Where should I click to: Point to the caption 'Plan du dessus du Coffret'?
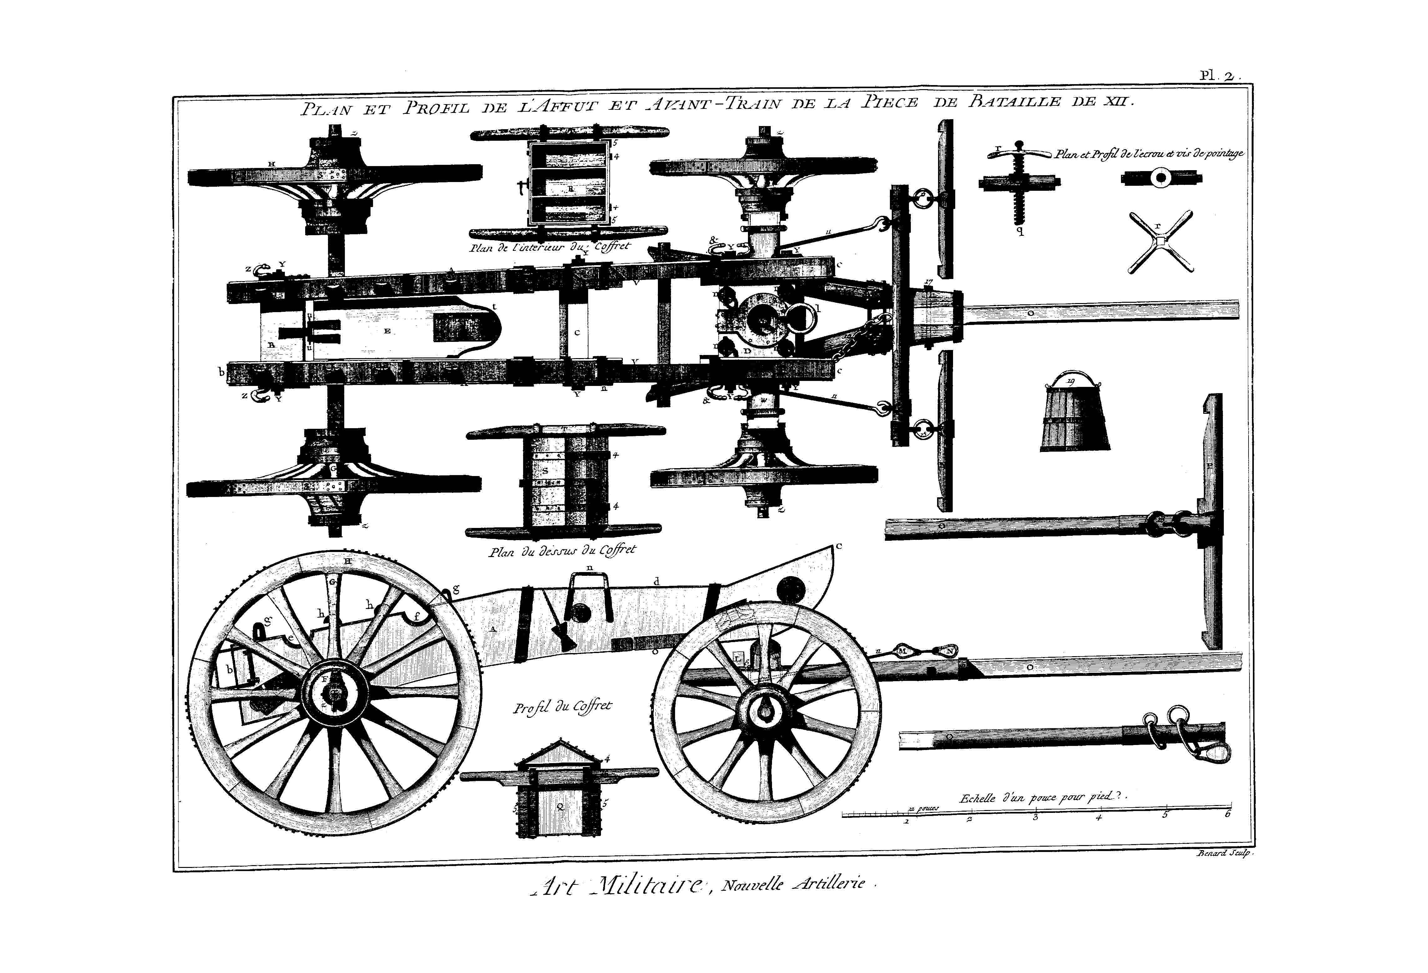coord(562,550)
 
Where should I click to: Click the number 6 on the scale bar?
coord(1227,815)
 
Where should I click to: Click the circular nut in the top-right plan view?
coord(1161,180)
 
